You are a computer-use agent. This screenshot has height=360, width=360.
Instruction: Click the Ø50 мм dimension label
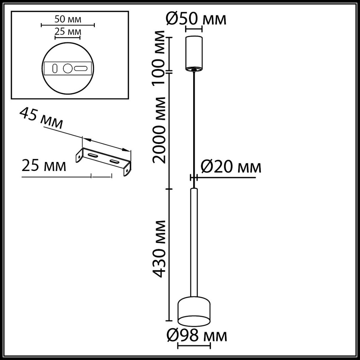tap(196, 19)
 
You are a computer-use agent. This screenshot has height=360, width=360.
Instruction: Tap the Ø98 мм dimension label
tap(197, 336)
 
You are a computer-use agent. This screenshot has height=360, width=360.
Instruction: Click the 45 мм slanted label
tap(41, 118)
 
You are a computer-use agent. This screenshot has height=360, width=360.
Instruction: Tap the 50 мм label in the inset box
tap(68, 19)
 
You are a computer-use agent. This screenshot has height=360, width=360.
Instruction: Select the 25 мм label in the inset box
tap(68, 31)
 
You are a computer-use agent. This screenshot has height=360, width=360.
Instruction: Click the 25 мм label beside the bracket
tap(44, 166)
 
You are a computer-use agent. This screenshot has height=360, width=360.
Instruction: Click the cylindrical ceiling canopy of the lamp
tap(194, 52)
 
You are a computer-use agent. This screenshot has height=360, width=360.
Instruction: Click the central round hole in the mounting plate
tap(67, 69)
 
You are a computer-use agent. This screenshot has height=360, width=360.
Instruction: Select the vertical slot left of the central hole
tap(55, 68)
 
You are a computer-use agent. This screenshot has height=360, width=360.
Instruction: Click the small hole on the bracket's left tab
tap(79, 156)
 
